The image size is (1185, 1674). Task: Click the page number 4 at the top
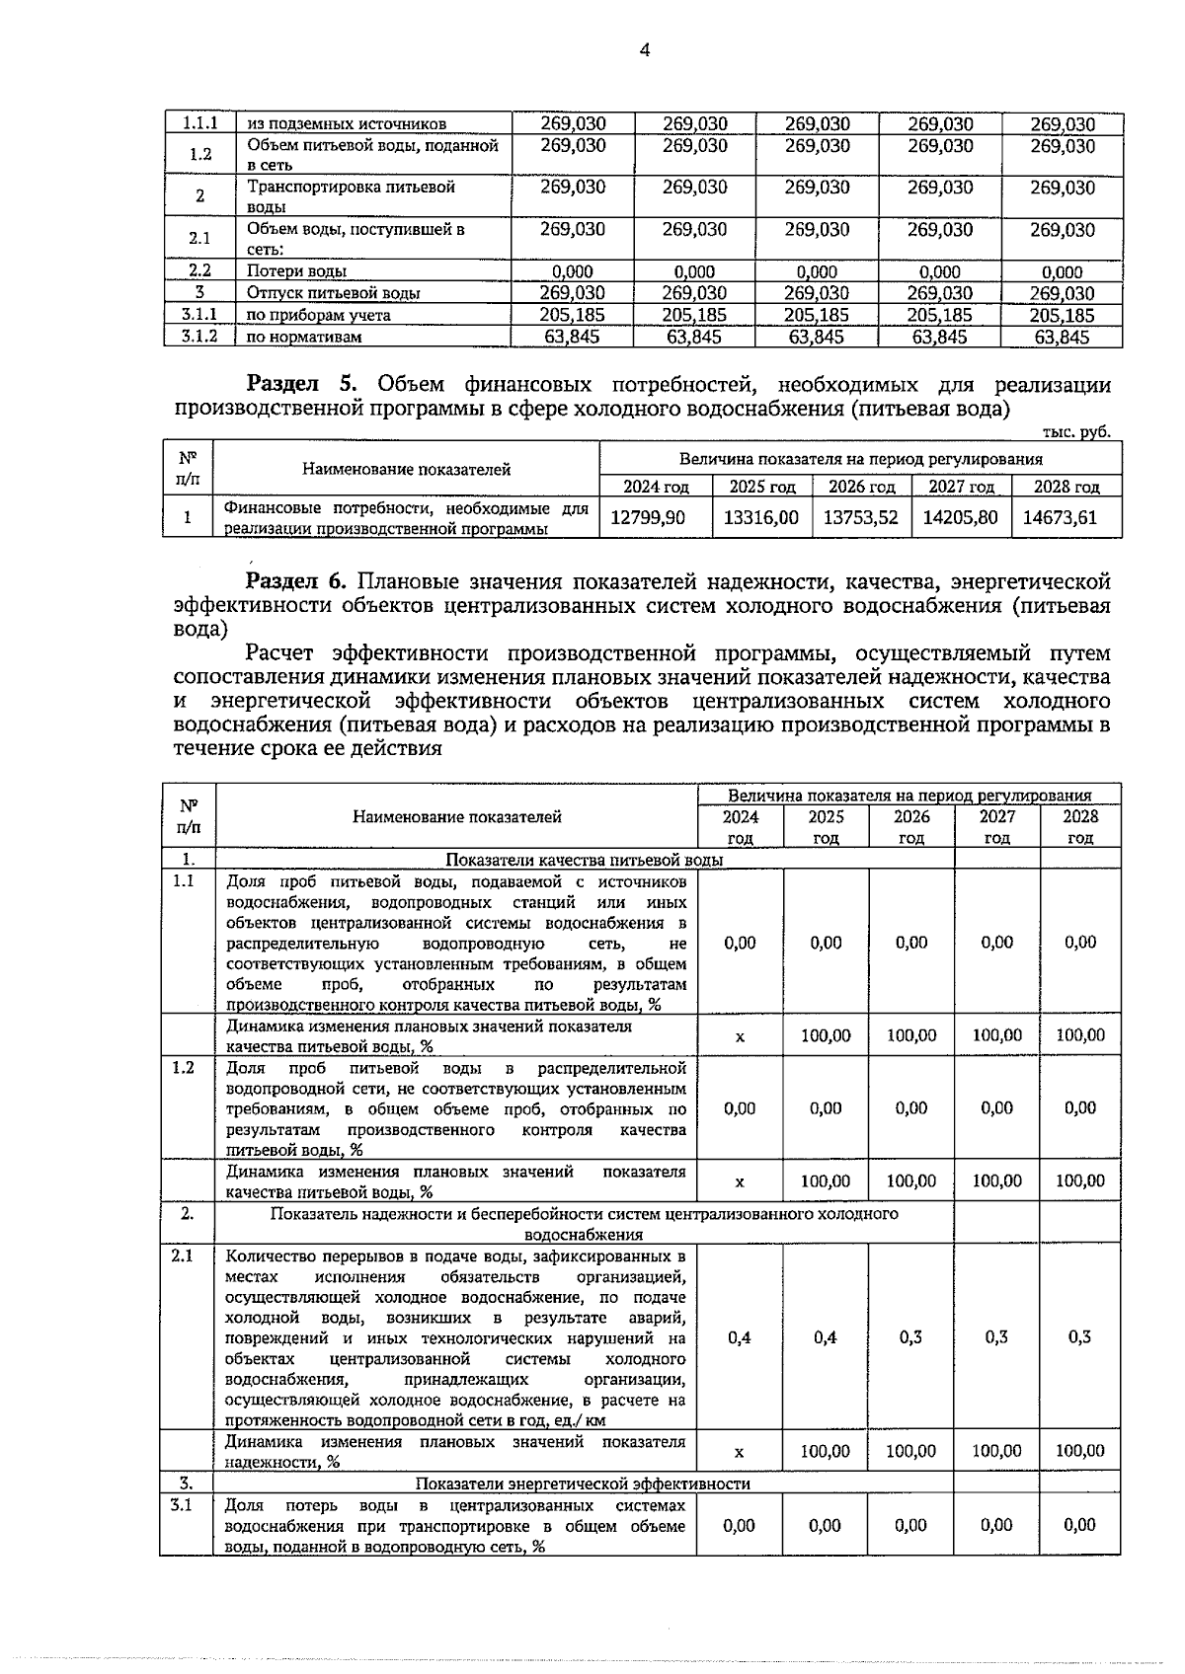click(644, 50)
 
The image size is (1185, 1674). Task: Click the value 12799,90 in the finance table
click(648, 517)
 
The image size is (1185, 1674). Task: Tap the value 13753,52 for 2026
click(861, 517)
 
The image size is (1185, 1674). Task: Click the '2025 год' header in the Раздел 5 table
click(762, 487)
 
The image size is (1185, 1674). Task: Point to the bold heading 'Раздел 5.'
click(292, 385)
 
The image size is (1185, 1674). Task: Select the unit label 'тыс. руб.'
click(1077, 432)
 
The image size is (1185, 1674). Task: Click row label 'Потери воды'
click(296, 271)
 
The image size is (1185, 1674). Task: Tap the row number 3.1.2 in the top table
click(199, 337)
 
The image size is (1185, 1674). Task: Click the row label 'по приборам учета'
click(318, 315)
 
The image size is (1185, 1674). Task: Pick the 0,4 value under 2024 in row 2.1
click(739, 1337)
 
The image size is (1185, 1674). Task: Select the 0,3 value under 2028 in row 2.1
click(1080, 1337)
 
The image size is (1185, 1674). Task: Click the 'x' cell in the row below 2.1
click(740, 1452)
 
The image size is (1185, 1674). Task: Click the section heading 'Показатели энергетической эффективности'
click(583, 1484)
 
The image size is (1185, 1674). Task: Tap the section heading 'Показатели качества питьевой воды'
click(585, 860)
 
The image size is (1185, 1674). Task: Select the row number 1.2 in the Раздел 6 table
click(184, 1068)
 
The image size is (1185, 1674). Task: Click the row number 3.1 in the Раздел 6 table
click(181, 1505)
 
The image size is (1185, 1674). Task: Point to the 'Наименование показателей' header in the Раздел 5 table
click(406, 470)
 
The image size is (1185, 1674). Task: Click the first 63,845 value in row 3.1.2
click(573, 337)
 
